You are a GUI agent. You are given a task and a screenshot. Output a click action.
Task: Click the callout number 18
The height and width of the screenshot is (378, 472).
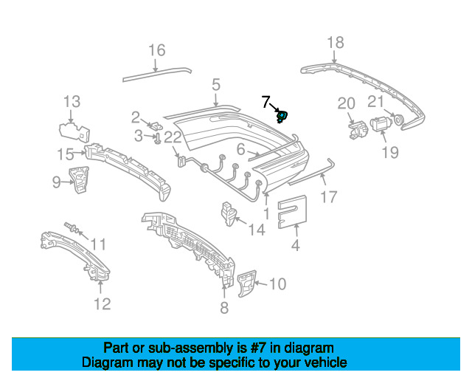click(336, 43)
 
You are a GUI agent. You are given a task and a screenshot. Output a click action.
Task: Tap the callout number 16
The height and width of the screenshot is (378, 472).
click(157, 50)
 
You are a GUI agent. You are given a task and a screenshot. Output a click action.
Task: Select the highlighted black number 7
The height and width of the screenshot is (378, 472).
click(266, 101)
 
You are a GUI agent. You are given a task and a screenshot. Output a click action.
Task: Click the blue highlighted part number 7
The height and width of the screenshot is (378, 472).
click(281, 115)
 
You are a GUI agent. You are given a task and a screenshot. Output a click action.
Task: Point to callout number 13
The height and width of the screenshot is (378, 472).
click(71, 102)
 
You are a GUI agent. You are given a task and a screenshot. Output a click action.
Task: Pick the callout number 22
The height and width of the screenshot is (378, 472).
click(173, 137)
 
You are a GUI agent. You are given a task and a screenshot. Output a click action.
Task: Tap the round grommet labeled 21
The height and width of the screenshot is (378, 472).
click(397, 119)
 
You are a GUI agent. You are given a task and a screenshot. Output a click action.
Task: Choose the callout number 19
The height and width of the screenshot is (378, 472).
click(389, 152)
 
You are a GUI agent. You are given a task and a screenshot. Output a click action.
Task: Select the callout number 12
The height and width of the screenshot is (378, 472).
click(103, 303)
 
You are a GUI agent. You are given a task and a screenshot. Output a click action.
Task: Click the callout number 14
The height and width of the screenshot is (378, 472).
click(256, 230)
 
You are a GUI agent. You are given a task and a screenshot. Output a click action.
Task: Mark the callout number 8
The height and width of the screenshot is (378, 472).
click(224, 307)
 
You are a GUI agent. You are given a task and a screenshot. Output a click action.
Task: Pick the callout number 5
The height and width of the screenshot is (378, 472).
click(215, 85)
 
